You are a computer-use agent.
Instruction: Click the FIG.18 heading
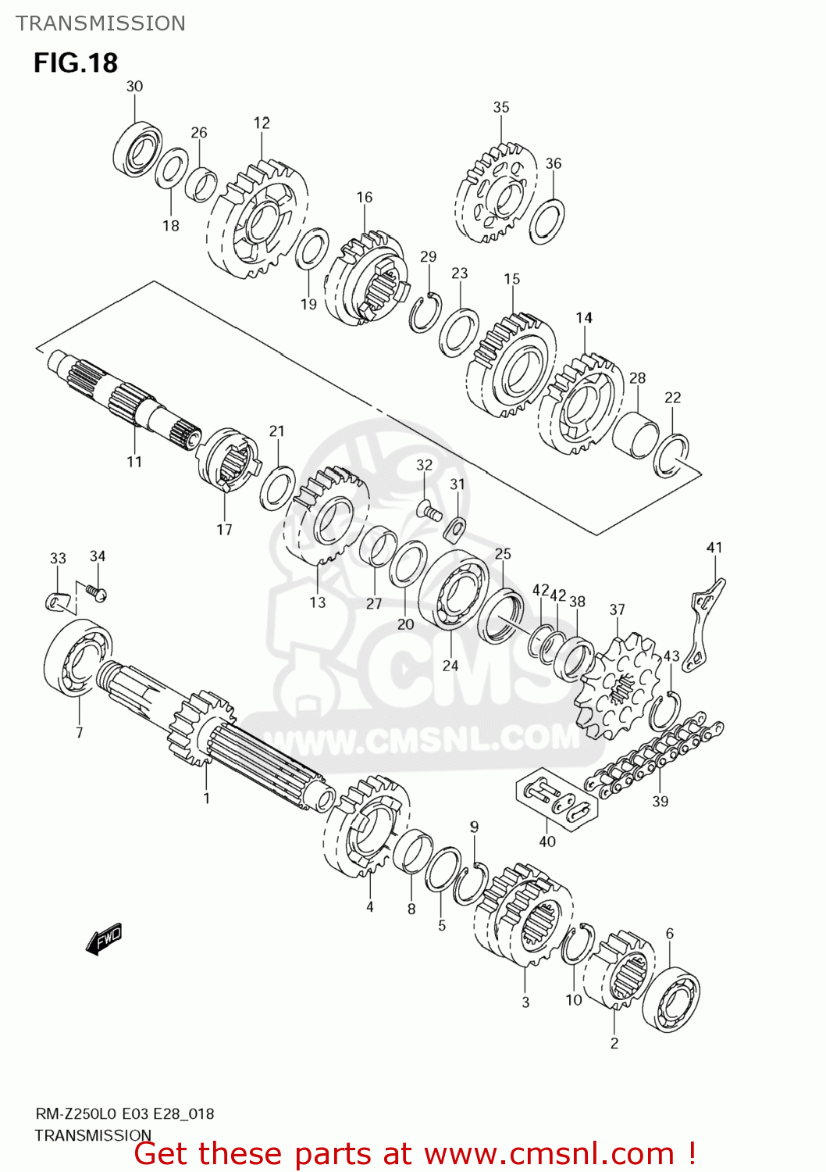[x=75, y=63]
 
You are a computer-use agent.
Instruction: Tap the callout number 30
[x=134, y=86]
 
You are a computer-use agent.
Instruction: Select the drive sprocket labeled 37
[x=615, y=688]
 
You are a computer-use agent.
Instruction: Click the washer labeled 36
[x=547, y=221]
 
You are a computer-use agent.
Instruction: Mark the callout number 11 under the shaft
[x=134, y=462]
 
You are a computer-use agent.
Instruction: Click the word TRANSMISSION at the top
[x=101, y=23]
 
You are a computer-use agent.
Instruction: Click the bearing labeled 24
[x=454, y=589]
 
